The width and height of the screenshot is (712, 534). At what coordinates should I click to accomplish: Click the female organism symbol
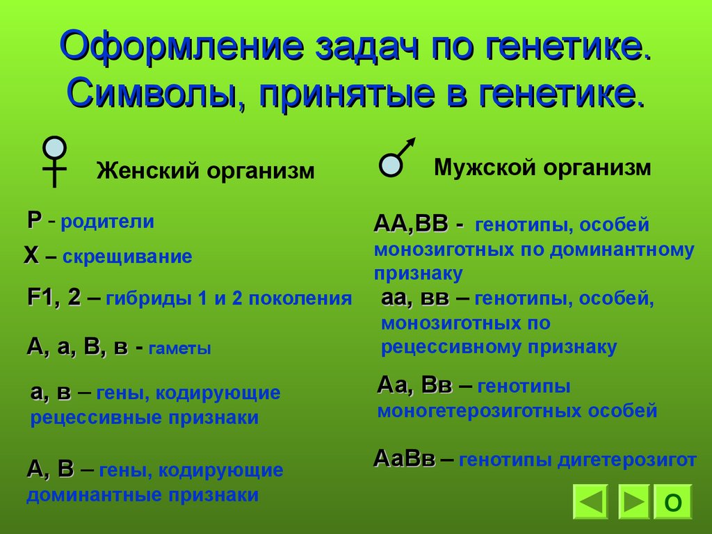tap(54, 160)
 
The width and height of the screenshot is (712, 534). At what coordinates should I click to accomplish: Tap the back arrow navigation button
tap(591, 503)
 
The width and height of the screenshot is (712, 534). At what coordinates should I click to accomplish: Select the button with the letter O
tap(673, 503)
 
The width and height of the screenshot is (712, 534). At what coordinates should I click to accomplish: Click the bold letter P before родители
tap(34, 220)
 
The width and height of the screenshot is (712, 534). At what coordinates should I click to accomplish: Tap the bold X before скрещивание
tap(31, 257)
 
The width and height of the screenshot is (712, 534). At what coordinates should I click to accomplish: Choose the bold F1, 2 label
tap(54, 298)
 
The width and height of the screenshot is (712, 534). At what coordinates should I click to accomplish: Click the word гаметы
tap(180, 349)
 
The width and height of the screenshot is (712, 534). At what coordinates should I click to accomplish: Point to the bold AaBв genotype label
tap(405, 459)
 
